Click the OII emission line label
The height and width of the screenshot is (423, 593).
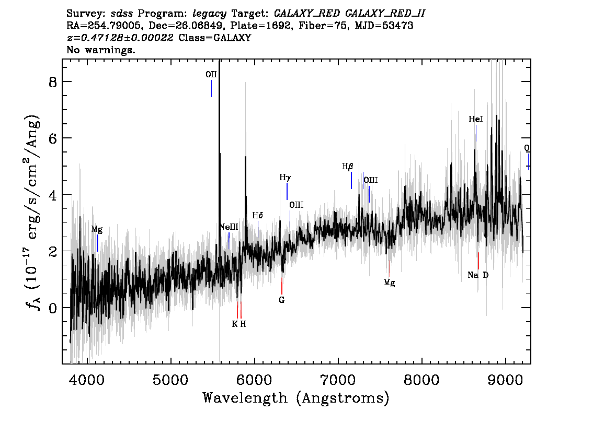tap(211, 74)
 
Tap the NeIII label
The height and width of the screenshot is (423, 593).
tap(229, 227)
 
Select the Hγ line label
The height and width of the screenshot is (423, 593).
tap(285, 178)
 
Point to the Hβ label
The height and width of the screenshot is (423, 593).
tap(348, 167)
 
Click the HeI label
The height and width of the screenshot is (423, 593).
tap(476, 120)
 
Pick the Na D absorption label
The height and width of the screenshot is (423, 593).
tap(478, 275)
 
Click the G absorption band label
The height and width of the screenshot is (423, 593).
tap(281, 300)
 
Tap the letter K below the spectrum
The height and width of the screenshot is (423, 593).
tap(234, 324)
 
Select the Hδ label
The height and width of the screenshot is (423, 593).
tap(258, 215)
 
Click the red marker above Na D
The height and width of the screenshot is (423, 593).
tap(478, 261)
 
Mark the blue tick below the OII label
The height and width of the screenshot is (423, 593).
tap(211, 88)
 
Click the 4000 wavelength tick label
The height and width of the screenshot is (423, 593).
tap(87, 380)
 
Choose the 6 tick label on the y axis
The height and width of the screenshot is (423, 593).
tap(53, 138)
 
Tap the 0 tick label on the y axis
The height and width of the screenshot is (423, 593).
tap(53, 308)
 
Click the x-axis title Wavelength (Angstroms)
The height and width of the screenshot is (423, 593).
tap(296, 398)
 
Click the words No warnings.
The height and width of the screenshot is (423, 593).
tap(100, 50)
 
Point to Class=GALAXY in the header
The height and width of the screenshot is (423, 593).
tap(215, 38)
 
